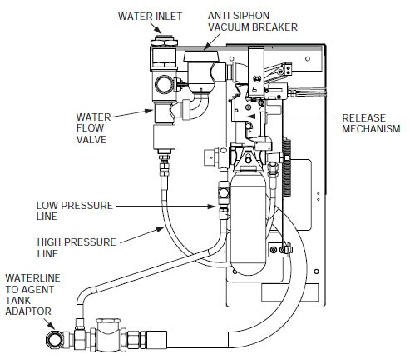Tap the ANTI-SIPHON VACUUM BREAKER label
coord(249,21)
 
